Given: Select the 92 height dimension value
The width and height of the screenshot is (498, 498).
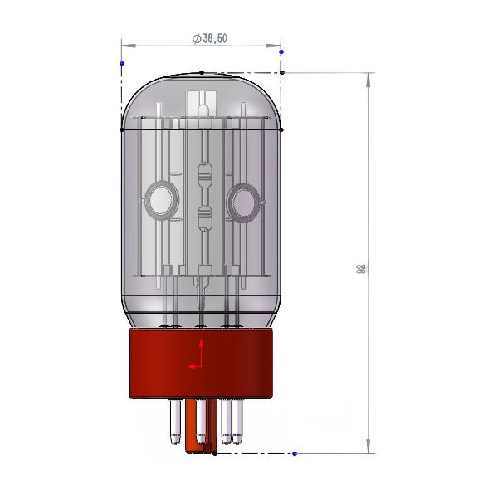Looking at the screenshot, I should point(361,269).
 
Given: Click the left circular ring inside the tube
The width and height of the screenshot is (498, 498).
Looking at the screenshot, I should point(159,199).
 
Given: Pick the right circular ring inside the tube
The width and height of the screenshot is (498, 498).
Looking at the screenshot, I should point(244,199).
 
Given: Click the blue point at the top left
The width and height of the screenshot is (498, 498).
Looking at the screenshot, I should point(122,63).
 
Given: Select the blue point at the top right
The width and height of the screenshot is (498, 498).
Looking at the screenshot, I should point(281,52).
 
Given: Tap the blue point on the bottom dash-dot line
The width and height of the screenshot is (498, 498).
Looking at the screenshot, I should point(295,454).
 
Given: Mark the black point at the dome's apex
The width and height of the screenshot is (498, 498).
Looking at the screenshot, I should point(202,72).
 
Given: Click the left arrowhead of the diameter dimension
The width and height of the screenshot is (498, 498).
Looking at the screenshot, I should point(125,45).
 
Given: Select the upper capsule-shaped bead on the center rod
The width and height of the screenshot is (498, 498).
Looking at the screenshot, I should point(204,175).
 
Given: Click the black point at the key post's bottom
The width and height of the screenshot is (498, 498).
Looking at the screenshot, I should point(214,454).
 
